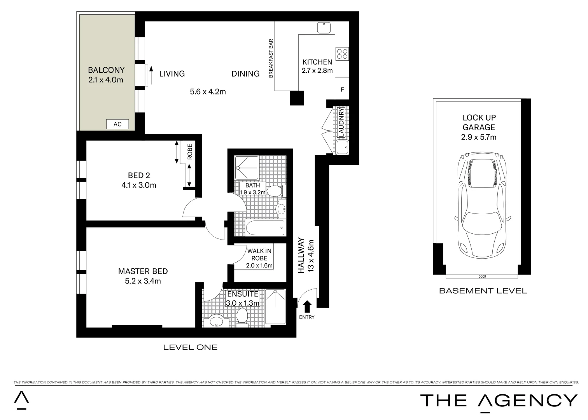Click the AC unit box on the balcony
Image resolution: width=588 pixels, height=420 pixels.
pos(117,124)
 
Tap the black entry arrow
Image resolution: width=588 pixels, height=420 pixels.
pos(307,306)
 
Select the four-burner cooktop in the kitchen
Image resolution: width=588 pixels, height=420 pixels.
pos(342,53)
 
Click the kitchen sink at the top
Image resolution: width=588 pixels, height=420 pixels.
pos(324,28)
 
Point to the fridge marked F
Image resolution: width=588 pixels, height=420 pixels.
pos(342,89)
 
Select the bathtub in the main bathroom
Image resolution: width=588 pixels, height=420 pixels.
pos(265,228)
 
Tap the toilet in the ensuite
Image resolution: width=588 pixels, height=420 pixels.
pos(242,316)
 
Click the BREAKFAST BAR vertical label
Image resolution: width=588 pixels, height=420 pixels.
pos(271,59)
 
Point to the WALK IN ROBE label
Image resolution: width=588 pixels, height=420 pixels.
pos(259,255)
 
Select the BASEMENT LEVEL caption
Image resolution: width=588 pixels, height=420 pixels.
pos(483,291)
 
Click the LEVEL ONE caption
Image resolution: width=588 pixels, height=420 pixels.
pos(190,347)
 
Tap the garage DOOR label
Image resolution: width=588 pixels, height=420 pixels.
pos(483,277)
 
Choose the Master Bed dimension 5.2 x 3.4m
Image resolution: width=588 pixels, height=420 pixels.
pos(143,281)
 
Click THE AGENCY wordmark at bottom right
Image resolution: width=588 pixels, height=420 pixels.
pos(499,401)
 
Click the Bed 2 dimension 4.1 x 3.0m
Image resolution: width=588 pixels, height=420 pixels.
pos(139,185)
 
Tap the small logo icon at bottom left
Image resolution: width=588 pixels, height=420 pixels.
pos(21,400)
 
